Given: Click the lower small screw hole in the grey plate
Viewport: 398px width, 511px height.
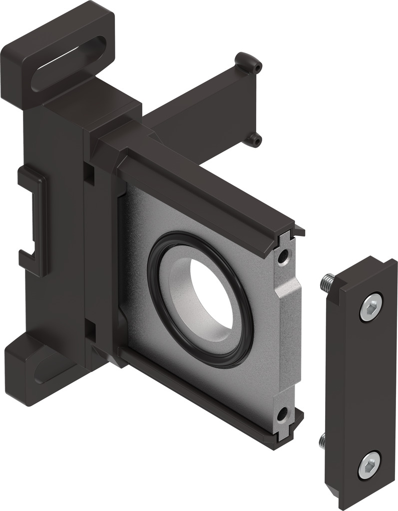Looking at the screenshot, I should click(x=283, y=413).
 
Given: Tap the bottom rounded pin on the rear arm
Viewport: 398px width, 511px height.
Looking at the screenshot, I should click(x=255, y=140).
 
